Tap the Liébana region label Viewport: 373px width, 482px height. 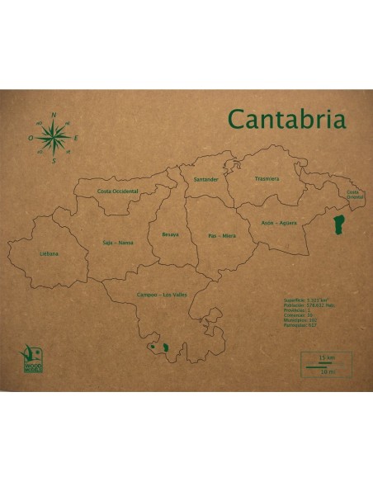click(49, 253)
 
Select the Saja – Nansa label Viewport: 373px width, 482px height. click(118, 243)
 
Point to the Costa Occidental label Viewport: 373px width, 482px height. click(118, 191)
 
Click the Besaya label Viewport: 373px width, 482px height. click(170, 234)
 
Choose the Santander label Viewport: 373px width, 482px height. click(205, 179)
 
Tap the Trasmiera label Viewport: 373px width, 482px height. click(267, 178)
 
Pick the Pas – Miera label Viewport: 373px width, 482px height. click(222, 236)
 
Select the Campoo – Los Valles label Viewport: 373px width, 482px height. click(162, 295)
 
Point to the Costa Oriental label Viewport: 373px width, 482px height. click(355, 195)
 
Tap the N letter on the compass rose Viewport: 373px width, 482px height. click(54, 116)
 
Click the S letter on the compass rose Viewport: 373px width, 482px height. click(54, 161)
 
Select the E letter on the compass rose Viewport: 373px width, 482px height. click(76, 138)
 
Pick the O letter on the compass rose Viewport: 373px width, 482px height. click(31, 139)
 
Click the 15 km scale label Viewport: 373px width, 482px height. click(324, 357)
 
